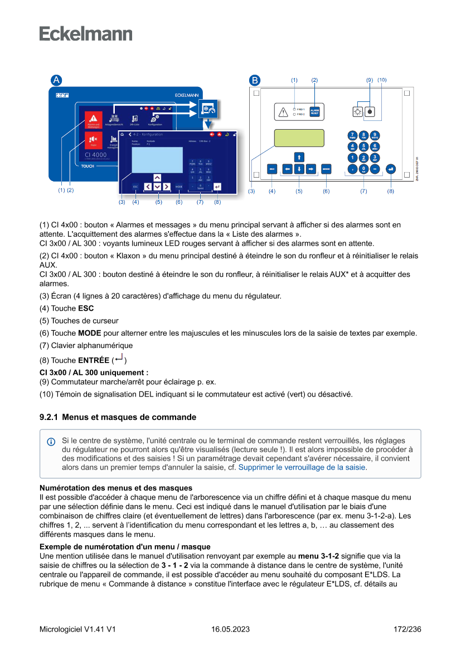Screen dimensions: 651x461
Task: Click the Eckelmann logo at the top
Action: point(85,33)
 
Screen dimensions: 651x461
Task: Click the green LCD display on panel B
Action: point(299,138)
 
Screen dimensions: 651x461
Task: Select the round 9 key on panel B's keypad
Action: point(375,135)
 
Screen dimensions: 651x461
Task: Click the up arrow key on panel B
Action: point(299,156)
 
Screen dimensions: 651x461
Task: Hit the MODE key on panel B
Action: point(326,168)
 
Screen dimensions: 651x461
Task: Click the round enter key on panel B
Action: point(390,168)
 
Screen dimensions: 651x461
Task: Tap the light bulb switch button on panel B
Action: point(358,111)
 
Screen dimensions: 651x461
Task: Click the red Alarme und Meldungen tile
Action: point(93,120)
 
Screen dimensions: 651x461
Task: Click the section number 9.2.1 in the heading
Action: point(48,417)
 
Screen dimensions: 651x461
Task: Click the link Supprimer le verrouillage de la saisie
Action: point(302,467)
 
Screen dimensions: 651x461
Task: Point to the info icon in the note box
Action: point(51,442)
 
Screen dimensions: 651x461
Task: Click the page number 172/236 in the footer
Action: point(407,629)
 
